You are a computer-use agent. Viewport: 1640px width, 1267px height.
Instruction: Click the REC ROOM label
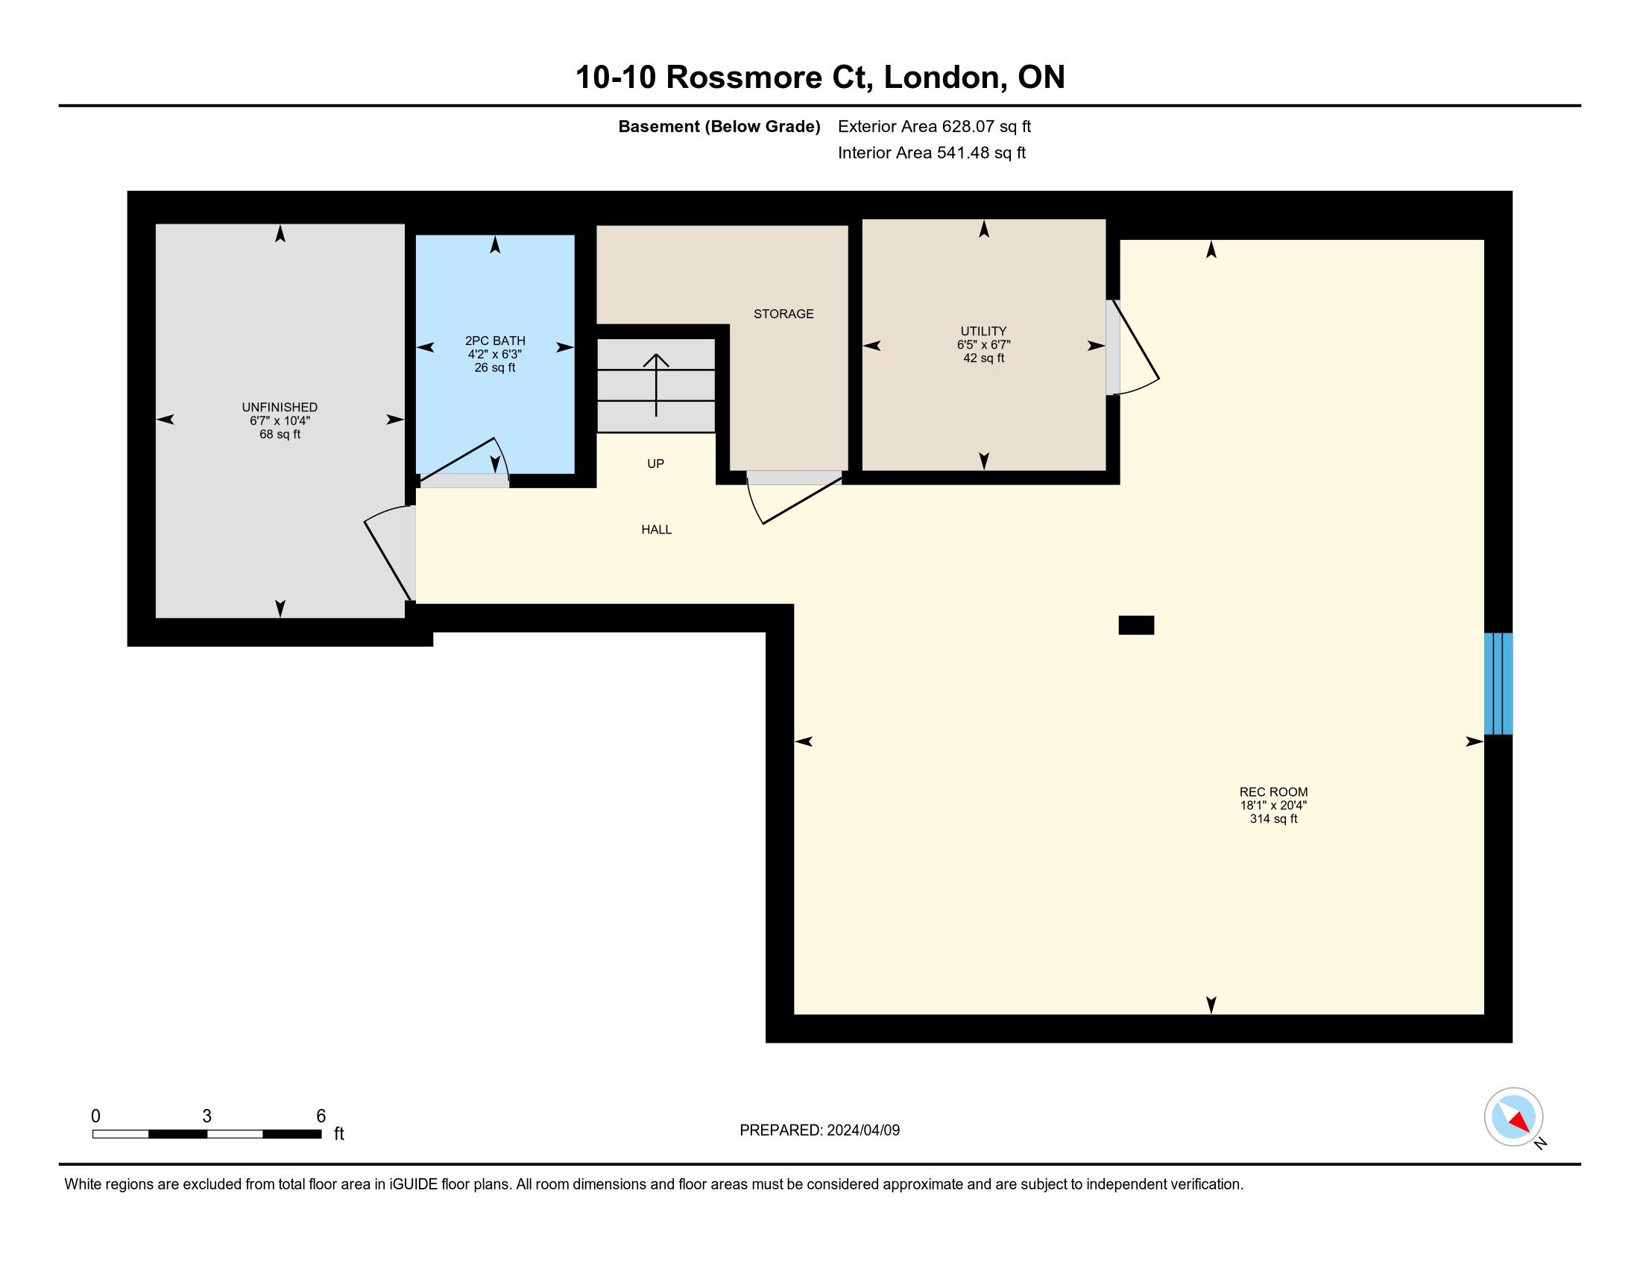click(1273, 792)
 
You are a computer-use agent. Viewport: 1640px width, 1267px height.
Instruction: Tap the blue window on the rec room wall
click(1498, 683)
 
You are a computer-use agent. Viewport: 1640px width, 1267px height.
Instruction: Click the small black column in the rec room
click(1136, 625)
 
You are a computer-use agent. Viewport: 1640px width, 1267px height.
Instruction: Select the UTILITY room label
click(984, 331)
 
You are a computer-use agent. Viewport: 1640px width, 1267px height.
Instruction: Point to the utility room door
click(1132, 347)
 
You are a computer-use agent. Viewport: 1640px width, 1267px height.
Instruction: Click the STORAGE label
click(783, 314)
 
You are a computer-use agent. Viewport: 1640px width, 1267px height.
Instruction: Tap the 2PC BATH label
click(495, 341)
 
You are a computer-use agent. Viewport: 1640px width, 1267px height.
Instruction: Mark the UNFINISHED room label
click(280, 407)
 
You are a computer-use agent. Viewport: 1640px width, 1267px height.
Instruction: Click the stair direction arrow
click(656, 385)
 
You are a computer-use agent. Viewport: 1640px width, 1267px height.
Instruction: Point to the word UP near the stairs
click(655, 464)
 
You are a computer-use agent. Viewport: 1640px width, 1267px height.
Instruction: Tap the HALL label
click(656, 530)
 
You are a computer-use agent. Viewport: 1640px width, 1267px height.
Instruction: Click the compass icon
click(1514, 1117)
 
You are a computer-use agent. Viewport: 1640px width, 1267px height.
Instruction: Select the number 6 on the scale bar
click(321, 1116)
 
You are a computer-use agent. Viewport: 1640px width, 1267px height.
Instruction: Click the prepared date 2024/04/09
click(862, 1131)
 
